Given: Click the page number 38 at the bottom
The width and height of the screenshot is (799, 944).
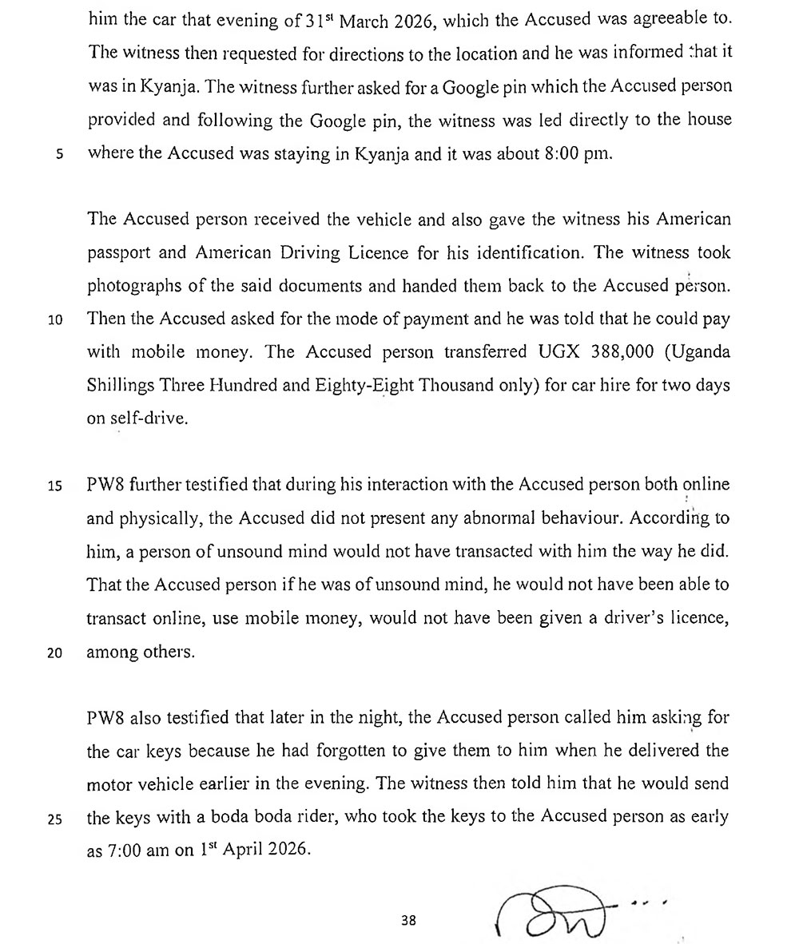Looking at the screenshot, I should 409,920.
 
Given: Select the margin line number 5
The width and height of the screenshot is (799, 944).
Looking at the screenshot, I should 59,154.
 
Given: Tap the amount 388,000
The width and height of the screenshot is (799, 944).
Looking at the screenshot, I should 616,352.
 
